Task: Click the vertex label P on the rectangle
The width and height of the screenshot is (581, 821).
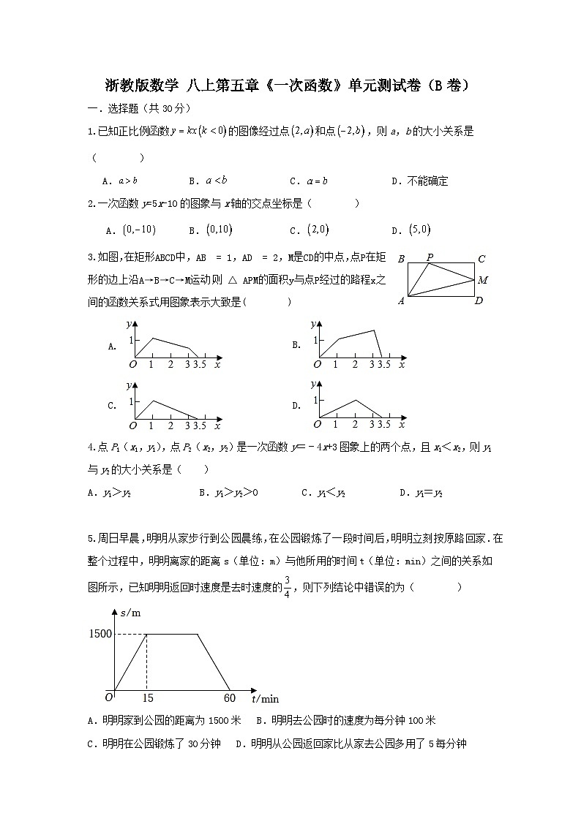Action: (430, 257)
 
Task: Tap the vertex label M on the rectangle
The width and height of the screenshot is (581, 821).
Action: (483, 279)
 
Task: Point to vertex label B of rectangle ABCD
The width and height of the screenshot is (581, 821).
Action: (401, 259)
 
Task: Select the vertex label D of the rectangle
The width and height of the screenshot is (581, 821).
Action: (479, 300)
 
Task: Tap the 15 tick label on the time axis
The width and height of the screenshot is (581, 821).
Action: (148, 698)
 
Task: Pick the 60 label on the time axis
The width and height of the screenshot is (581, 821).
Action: (229, 698)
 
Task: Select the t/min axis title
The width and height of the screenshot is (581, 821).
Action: (265, 698)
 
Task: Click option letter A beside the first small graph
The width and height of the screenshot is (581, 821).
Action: (112, 347)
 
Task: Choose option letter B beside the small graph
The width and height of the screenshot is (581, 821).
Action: (296, 345)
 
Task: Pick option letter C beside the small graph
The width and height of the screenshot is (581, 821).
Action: (112, 406)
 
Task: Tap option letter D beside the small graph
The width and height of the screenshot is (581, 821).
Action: (296, 405)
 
